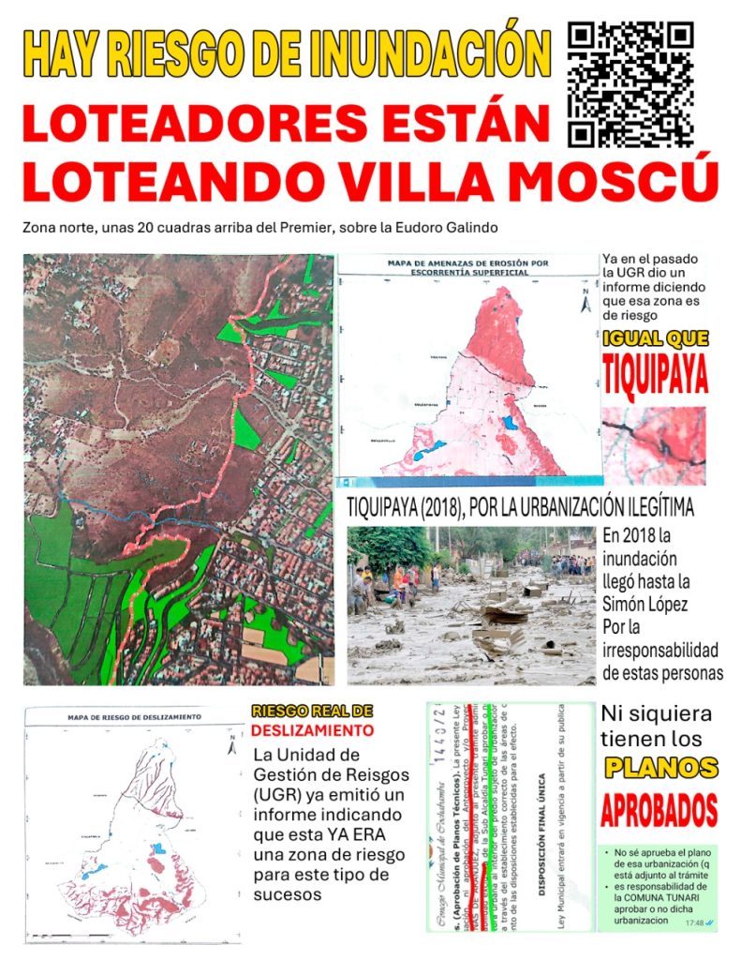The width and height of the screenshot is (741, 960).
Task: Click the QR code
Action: click(x=630, y=84)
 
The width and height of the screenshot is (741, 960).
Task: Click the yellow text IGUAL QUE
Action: click(x=655, y=338)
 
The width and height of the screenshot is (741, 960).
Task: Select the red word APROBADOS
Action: click(x=659, y=810)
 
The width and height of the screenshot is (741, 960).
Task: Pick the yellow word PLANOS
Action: click(x=661, y=768)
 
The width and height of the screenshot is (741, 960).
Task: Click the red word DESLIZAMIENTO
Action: click(x=312, y=730)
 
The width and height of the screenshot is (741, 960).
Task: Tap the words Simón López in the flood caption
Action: click(x=645, y=605)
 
